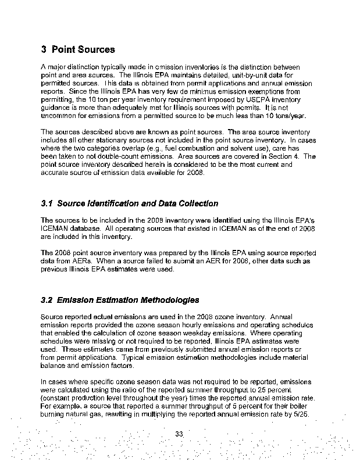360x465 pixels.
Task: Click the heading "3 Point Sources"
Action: [x=78, y=49]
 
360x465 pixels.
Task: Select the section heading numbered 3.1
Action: [x=130, y=203]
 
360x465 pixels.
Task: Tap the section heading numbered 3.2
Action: [x=120, y=300]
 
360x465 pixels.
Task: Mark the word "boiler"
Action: [x=302, y=405]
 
